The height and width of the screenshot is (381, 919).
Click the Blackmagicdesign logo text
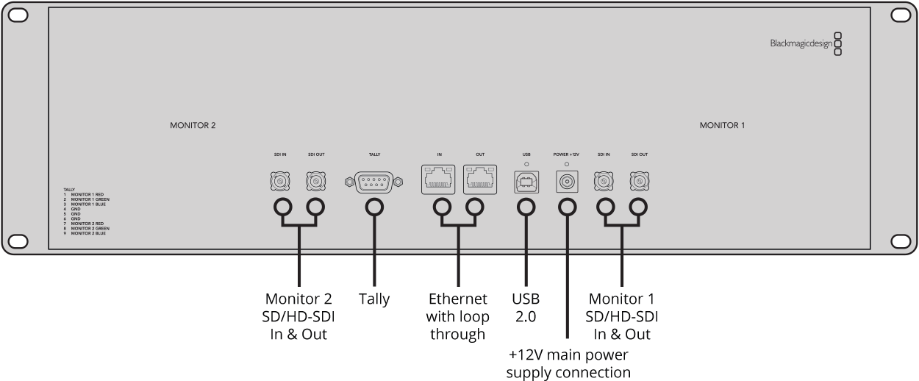(801, 44)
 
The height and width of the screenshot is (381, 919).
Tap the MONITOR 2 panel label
(193, 126)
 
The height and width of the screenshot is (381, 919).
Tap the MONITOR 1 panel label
(722, 126)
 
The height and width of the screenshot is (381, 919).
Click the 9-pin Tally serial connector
(373, 181)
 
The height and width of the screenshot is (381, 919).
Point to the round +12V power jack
(567, 181)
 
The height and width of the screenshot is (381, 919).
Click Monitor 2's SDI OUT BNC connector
(317, 181)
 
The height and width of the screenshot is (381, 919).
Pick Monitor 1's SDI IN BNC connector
(604, 181)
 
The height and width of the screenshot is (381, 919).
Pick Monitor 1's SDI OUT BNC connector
(639, 181)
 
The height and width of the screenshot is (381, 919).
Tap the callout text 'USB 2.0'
(526, 308)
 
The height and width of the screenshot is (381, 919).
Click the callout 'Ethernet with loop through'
(457, 317)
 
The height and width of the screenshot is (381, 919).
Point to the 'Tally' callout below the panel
(374, 299)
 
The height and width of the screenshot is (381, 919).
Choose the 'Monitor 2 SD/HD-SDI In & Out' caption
(298, 317)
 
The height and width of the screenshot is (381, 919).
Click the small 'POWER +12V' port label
(566, 154)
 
